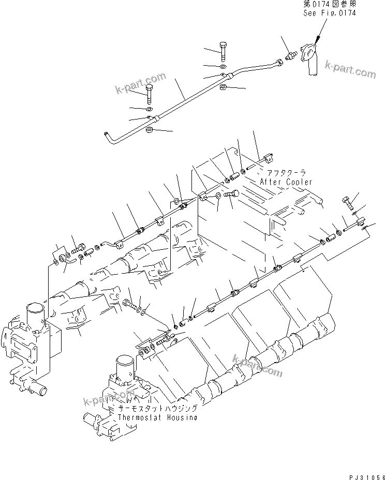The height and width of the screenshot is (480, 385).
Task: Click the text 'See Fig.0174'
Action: tap(329, 12)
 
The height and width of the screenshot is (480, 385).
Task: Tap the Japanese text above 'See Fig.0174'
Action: tap(329, 4)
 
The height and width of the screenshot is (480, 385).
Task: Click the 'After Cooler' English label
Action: tap(286, 182)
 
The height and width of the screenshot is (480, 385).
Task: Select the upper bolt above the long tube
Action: tap(223, 51)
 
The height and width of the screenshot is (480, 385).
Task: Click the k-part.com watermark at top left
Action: tap(140, 84)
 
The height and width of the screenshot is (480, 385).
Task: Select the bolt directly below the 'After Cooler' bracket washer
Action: tap(231, 195)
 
